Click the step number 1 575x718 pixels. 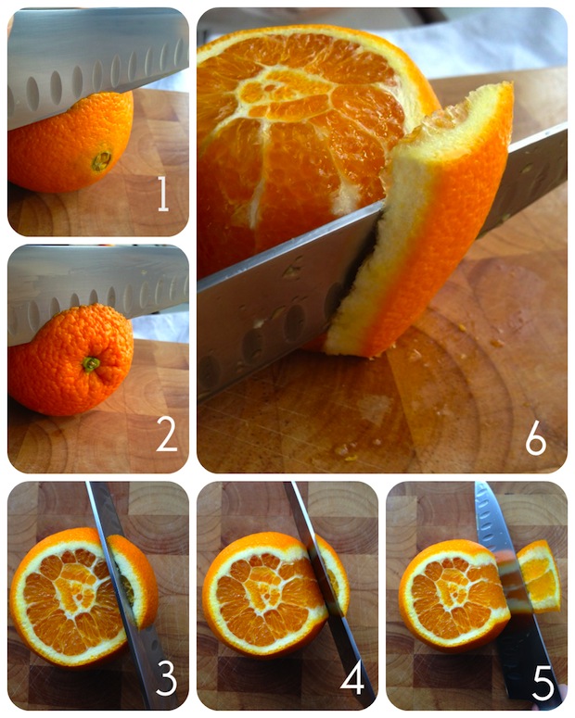pyautogui.click(x=163, y=195)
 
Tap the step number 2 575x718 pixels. pyautogui.click(x=166, y=435)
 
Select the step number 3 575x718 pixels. pyautogui.click(x=166, y=679)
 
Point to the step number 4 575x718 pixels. pyautogui.click(x=352, y=678)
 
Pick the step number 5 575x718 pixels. pyautogui.click(x=543, y=683)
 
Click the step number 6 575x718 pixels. pyautogui.click(x=536, y=440)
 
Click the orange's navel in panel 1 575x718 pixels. pyautogui.click(x=101, y=161)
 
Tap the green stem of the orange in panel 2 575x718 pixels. pyautogui.click(x=91, y=364)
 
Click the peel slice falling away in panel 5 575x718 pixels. pyautogui.click(x=540, y=576)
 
